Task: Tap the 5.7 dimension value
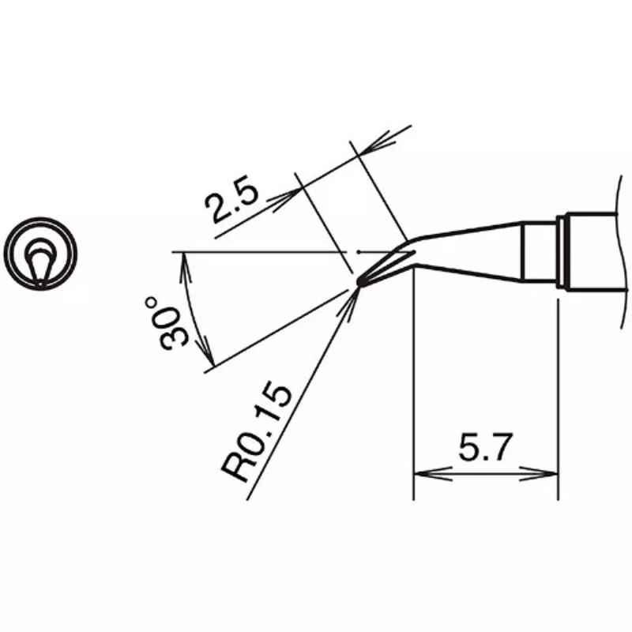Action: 485,446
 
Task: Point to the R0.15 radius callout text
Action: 256,433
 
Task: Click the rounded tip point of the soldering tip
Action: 361,283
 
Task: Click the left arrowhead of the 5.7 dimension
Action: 432,474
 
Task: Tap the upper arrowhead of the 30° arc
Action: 186,267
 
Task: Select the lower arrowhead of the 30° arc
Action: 205,350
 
